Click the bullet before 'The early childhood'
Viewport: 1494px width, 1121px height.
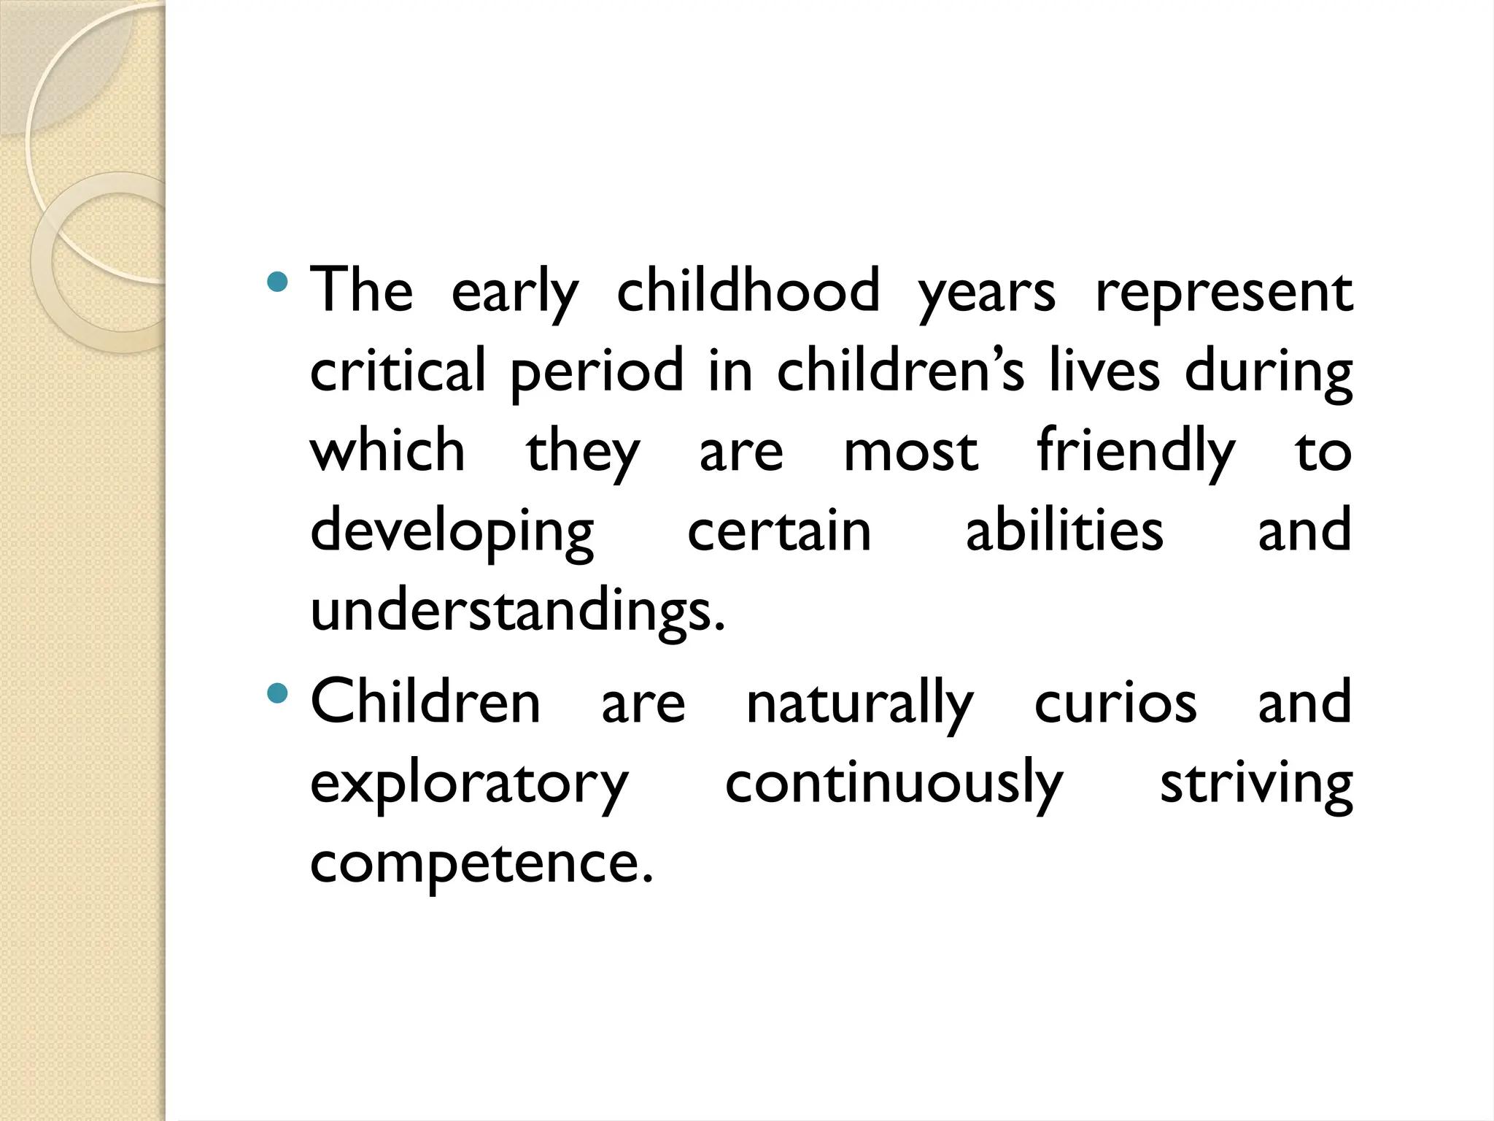(278, 282)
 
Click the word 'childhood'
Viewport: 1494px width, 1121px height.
(748, 290)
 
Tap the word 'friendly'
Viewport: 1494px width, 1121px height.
(1137, 451)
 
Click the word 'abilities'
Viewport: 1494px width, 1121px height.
(1064, 531)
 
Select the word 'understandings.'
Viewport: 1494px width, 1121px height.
(518, 612)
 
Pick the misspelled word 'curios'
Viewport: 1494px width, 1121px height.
(1115, 703)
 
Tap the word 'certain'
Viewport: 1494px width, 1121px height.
(779, 531)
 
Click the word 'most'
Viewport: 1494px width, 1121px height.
(910, 451)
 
